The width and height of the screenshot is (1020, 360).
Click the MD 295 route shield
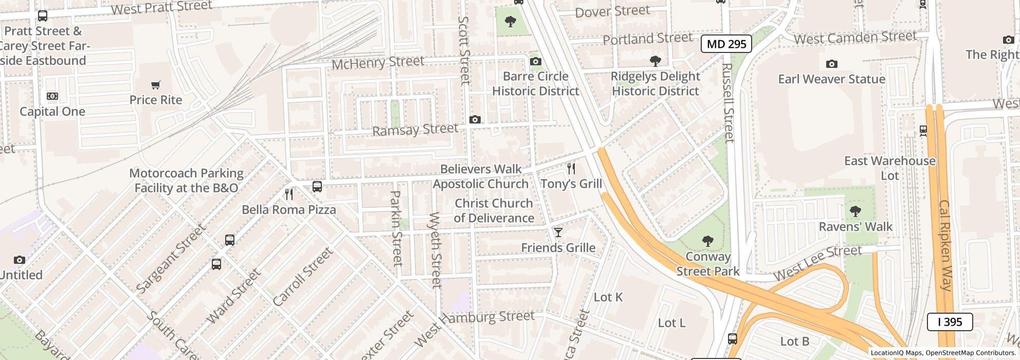click(726, 44)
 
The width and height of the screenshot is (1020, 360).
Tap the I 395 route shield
click(949, 322)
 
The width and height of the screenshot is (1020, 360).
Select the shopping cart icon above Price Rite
click(155, 85)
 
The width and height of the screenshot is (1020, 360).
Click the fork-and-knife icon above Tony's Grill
click(571, 168)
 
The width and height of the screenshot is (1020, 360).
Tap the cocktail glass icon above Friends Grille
click(558, 232)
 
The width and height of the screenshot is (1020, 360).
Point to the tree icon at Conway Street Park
click(707, 241)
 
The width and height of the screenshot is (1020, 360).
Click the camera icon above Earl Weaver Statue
click(831, 64)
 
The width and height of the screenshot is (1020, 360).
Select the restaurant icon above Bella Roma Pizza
click(289, 194)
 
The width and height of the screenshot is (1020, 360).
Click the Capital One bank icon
click(52, 96)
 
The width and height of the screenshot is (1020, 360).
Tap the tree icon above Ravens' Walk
click(855, 211)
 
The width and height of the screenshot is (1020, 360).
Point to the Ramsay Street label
click(414, 130)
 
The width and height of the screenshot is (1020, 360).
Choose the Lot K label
click(608, 297)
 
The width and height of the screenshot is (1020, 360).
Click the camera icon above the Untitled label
click(19, 260)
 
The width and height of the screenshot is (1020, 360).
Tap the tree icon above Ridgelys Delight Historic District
click(655, 61)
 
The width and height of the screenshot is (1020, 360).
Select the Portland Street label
click(647, 39)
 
